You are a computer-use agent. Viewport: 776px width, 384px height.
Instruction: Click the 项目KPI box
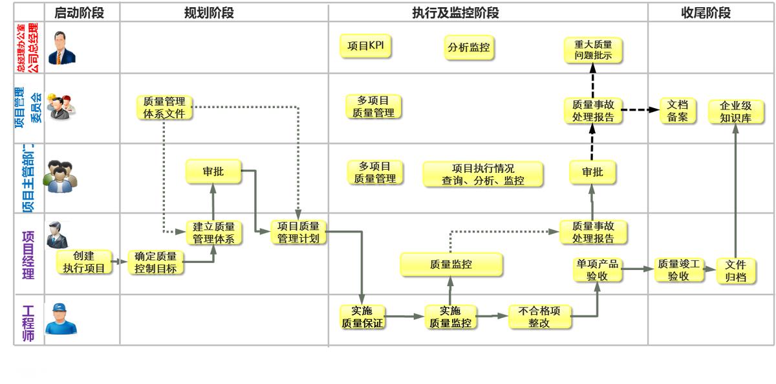click(366, 46)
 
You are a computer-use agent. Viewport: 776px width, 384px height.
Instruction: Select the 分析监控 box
click(468, 48)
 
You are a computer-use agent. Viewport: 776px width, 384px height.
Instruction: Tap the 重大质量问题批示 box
click(592, 50)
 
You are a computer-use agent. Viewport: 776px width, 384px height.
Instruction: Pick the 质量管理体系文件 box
click(164, 107)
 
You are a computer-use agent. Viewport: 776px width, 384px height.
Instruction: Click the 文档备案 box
click(678, 111)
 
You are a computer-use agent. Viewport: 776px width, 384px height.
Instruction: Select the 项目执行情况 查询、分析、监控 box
click(483, 174)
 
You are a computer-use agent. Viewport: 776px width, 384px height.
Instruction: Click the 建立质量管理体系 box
click(214, 232)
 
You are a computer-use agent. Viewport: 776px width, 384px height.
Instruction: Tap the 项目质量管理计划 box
click(298, 232)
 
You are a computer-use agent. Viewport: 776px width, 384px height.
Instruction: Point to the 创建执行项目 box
click(84, 262)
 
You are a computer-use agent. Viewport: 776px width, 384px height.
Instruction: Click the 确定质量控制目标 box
click(155, 262)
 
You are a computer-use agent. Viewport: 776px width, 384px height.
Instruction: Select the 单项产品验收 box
click(597, 269)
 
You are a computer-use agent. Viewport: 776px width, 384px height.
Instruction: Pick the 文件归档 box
click(735, 270)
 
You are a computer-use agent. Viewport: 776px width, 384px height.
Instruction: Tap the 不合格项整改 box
click(539, 317)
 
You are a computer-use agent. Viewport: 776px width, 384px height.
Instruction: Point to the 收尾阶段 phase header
click(706, 13)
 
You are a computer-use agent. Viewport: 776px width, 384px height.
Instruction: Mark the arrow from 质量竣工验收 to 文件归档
click(709, 268)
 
